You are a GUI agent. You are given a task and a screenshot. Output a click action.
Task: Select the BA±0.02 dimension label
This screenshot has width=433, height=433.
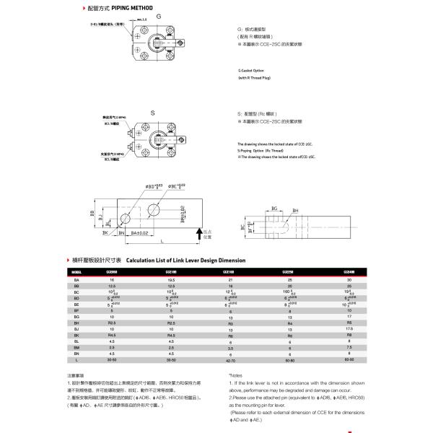point(139,233)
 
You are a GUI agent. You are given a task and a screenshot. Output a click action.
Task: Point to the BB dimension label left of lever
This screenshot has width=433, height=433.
point(92,214)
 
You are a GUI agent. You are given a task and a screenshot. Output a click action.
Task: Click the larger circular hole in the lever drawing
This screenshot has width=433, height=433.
point(155,210)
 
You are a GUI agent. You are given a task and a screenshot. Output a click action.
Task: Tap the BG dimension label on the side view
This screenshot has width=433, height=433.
point(274,208)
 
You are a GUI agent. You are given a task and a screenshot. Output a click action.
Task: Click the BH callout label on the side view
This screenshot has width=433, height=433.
point(295,211)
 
